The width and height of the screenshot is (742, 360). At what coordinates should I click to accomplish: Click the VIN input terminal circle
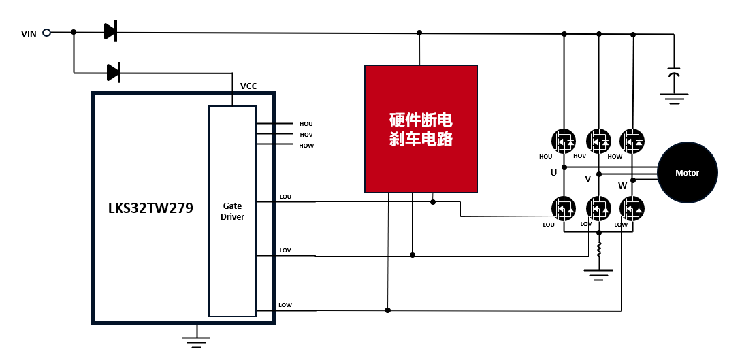tap(47, 32)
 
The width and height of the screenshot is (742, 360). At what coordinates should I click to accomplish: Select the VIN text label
tap(29, 33)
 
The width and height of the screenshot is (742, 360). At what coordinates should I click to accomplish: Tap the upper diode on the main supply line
tap(110, 31)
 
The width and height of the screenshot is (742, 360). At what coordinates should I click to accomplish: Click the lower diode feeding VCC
tap(114, 71)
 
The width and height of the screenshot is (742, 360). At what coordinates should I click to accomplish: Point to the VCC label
tap(248, 86)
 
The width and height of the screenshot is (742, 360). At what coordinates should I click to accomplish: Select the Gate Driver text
tap(233, 211)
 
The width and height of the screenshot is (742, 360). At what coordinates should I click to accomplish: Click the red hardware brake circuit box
tap(421, 129)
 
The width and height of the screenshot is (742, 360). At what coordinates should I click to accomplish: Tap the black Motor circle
tap(687, 173)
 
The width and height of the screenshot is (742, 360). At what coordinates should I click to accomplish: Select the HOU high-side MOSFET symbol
tap(564, 141)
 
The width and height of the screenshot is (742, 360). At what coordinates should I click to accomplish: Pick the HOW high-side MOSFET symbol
tap(632, 141)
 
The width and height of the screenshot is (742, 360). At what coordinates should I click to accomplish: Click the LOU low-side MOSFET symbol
tap(564, 208)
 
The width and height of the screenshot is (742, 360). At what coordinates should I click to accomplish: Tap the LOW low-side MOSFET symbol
tap(632, 208)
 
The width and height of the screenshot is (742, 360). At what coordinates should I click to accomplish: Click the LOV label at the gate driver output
tap(285, 250)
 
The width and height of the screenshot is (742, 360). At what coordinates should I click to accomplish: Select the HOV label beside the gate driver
tap(306, 135)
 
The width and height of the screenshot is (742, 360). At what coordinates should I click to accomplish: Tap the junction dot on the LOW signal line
tap(388, 310)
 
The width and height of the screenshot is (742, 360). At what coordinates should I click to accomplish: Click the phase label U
tap(553, 173)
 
